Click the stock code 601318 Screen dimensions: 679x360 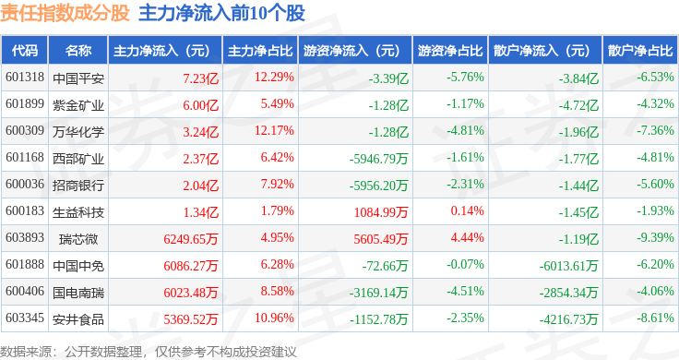(25, 78)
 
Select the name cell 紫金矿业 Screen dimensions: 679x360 (78, 105)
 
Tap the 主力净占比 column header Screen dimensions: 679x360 (260, 51)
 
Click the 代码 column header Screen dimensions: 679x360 (25, 51)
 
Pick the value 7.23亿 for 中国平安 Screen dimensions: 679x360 (200, 78)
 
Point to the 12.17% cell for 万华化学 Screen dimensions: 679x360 (274, 130)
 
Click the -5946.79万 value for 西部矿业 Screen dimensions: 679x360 (379, 159)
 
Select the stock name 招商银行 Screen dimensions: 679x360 (78, 186)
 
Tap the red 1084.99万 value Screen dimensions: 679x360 (381, 212)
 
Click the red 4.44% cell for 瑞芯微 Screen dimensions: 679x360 (467, 237)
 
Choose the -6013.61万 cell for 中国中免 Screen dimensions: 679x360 (568, 266)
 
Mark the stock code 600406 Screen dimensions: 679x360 (25, 291)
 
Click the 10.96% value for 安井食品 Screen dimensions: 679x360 (274, 318)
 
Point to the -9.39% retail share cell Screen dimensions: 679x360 (655, 237)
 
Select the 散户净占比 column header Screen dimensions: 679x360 (640, 51)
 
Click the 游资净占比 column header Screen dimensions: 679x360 (450, 51)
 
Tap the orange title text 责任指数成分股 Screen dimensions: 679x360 (65, 14)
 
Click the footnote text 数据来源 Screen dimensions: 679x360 (26, 352)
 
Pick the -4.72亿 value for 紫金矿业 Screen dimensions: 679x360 (578, 105)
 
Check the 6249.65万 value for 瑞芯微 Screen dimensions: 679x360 (191, 239)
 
